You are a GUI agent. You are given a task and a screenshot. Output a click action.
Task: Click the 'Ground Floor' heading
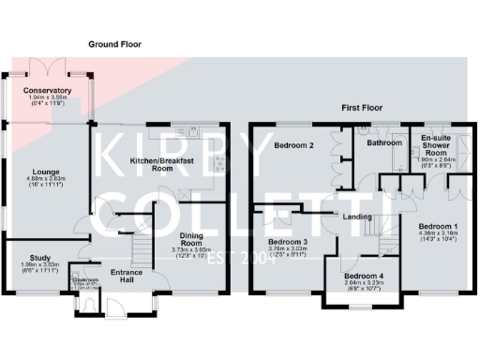coord(114,44)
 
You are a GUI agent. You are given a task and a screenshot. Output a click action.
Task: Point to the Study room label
coord(39,257)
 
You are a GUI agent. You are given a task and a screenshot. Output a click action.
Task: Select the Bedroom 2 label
coord(293,146)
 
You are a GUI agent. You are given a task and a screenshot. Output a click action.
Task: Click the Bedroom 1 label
coord(438,228)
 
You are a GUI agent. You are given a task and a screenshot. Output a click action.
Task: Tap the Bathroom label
coord(383,144)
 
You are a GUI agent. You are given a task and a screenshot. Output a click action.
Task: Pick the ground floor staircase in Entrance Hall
coord(140,247)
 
